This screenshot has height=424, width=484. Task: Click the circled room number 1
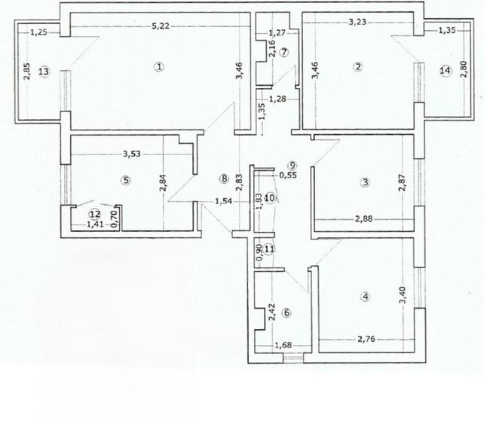coord(159,66)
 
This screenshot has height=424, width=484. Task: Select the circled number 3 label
coord(365,181)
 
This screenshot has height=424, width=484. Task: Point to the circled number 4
coord(366,297)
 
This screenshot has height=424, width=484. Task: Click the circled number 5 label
coord(126,180)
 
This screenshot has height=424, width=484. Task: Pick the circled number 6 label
coord(285,313)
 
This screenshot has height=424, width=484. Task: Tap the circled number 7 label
coord(284,52)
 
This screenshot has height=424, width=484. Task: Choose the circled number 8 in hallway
coord(223,179)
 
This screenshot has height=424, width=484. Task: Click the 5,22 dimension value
coord(159,27)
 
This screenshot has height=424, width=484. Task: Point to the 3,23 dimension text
coord(357,23)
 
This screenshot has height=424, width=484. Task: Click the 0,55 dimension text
coord(288,175)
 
